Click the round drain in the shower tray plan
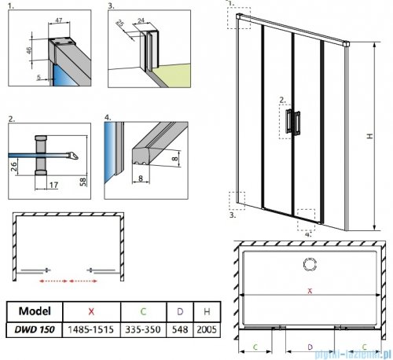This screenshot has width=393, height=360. tap(309, 262)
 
